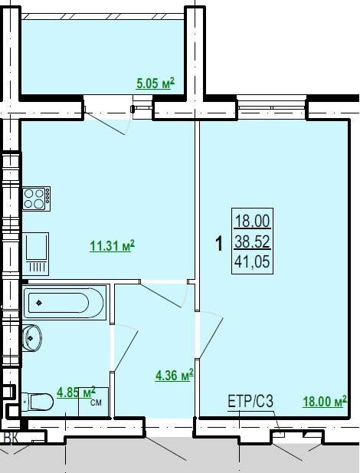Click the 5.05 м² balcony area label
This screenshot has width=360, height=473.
(155, 84)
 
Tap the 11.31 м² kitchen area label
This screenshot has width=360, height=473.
(112, 246)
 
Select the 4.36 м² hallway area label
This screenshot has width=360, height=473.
(174, 376)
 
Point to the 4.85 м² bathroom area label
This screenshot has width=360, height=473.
(77, 393)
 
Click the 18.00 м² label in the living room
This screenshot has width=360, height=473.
(325, 401)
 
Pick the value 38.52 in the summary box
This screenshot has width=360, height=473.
(252, 241)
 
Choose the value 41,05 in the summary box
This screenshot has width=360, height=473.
(252, 261)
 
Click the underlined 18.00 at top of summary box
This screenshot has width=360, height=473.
(252, 221)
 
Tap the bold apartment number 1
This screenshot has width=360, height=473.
(219, 244)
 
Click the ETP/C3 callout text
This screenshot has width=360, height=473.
(250, 402)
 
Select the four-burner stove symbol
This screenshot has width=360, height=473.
(36, 199)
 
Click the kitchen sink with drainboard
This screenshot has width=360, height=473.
(35, 254)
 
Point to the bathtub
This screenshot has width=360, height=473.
(65, 303)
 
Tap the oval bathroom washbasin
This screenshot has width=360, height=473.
(32, 338)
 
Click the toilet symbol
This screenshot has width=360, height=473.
(38, 402)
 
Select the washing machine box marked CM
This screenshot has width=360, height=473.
(93, 402)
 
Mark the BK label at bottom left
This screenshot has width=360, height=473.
(11, 438)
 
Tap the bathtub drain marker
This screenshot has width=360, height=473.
(39, 303)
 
